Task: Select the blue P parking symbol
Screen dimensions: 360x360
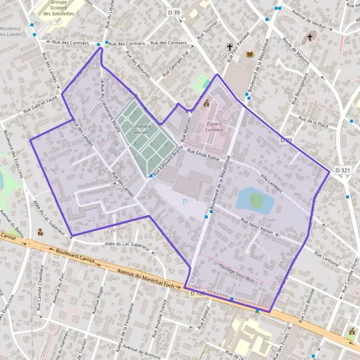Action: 185,202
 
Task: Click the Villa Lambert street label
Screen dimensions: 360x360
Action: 273,181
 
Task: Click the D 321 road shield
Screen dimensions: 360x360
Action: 343,170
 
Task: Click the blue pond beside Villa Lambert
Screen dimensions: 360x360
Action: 252,200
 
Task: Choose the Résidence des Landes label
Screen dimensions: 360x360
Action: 11,31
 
